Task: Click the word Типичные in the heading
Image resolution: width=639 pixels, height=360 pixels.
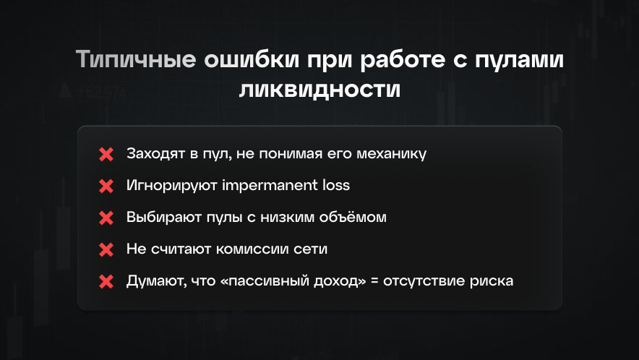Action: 134,60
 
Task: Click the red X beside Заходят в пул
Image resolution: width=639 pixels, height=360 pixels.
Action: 106,154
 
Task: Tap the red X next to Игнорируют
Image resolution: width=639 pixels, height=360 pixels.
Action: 106,186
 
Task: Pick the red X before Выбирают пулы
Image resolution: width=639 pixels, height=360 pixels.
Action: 106,218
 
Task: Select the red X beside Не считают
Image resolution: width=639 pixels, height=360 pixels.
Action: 106,249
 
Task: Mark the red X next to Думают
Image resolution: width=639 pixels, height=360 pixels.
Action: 106,281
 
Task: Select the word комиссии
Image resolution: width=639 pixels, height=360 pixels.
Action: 258,249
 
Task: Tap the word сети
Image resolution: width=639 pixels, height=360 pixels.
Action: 312,249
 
